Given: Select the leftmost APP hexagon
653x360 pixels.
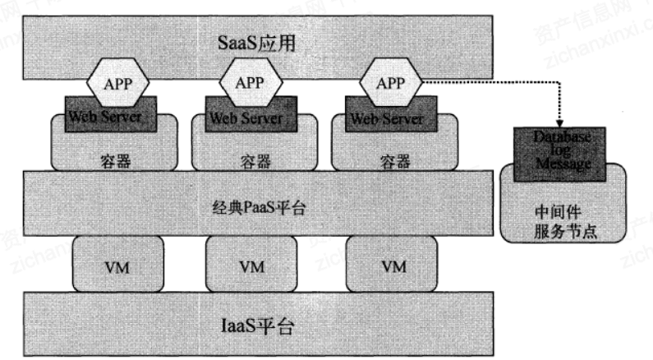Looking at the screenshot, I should click(x=118, y=83).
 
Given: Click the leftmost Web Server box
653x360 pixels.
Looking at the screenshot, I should click(x=104, y=117).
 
